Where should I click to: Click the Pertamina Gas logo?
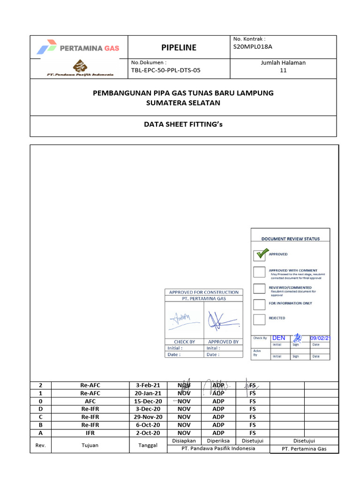(78, 47)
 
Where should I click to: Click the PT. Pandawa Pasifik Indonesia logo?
(79, 68)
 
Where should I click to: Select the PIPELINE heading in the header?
(179, 47)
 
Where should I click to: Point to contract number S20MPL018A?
(253, 47)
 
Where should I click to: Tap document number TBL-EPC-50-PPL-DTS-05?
(165, 70)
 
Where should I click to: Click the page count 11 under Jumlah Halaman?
(283, 70)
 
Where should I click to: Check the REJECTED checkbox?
(259, 319)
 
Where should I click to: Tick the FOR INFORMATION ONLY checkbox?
(259, 304)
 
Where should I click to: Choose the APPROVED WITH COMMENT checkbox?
(259, 272)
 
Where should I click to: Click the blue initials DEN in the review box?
(278, 338)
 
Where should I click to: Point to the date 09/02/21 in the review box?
(320, 338)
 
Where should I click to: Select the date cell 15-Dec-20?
(148, 401)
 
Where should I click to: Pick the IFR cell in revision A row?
(90, 433)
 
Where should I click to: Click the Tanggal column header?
(148, 445)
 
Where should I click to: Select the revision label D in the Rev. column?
(40, 409)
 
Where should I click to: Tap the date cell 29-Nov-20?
(148, 417)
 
